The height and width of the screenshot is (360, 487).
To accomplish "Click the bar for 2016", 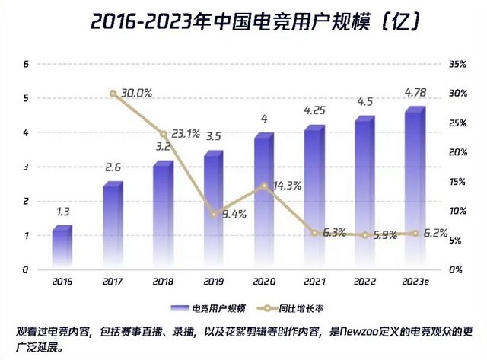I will (62, 247).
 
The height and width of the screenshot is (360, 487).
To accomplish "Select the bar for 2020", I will (263, 202).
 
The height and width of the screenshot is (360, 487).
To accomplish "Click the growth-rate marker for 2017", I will (113, 94).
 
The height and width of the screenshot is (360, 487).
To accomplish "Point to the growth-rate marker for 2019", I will (215, 215).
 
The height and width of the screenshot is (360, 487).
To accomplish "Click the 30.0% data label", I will (137, 93).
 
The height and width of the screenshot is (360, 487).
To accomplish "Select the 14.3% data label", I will (288, 185).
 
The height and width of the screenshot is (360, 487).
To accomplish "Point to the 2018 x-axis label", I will (163, 282).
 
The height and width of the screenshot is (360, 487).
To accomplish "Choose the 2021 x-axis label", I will (314, 282).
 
